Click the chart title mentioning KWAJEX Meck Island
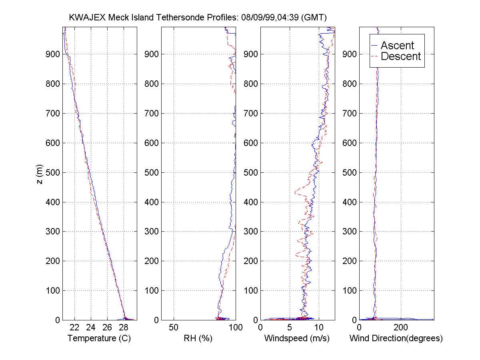[198, 18]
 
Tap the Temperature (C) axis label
[99, 338]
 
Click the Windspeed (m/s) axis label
[297, 338]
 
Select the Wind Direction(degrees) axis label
[396, 338]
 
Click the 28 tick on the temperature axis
[124, 328]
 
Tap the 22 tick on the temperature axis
[75, 328]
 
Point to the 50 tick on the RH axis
[174, 328]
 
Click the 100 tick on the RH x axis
[235, 328]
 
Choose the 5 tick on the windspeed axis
[290, 328]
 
